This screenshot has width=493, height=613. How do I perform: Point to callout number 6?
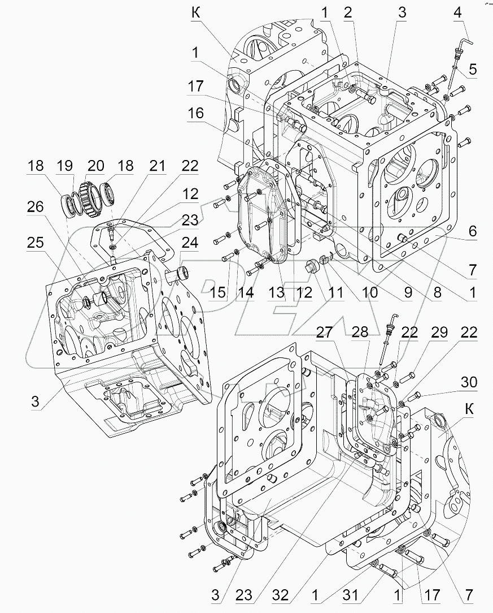click(472, 231)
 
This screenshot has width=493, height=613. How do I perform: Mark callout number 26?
click(36, 208)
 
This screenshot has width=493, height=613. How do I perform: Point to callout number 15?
click(217, 294)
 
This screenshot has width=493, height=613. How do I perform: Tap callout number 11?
click(337, 293)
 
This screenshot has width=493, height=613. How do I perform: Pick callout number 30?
click(469, 383)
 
